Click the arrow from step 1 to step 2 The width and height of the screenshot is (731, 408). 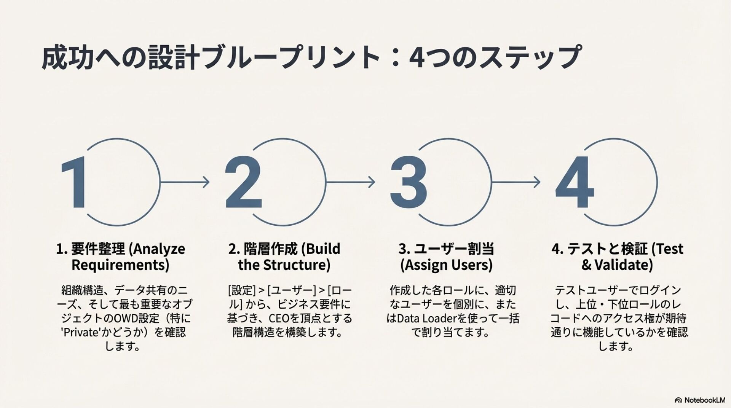(x=185, y=182)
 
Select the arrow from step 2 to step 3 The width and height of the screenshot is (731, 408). (x=350, y=182)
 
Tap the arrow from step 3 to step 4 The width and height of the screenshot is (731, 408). (x=516, y=182)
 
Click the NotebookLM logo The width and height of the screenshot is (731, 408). (x=700, y=400)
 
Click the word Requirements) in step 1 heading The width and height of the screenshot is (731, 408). (x=120, y=265)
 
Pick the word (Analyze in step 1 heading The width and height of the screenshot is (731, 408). (x=157, y=249)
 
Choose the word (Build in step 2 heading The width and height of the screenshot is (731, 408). (x=321, y=249)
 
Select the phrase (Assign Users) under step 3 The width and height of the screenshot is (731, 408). (x=446, y=265)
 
